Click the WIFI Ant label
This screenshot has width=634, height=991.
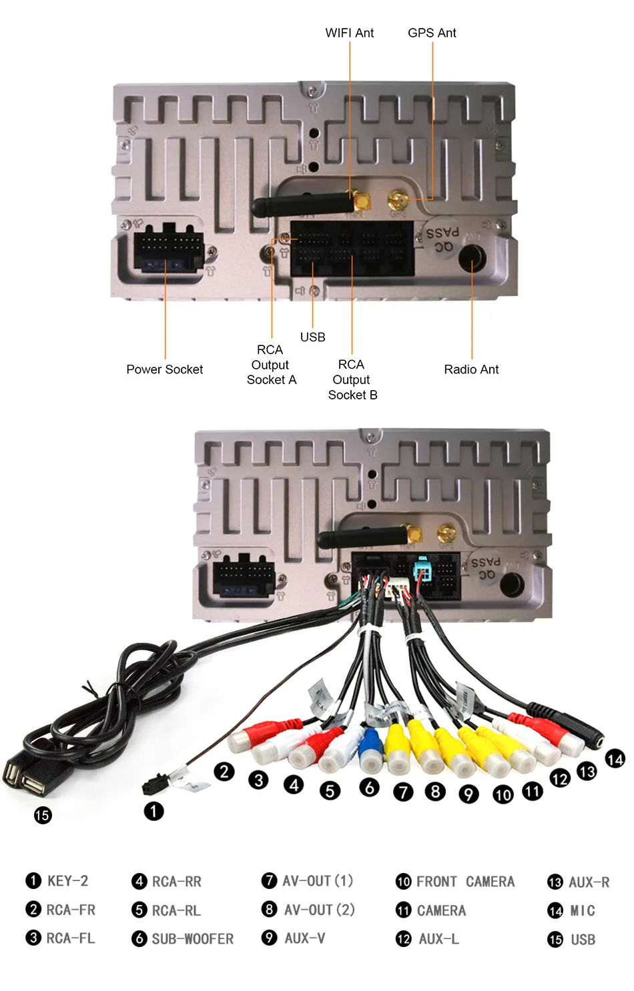point(349,33)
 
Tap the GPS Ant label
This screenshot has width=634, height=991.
point(432,33)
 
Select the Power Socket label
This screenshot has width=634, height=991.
point(165,369)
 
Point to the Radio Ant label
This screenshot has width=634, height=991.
point(471,369)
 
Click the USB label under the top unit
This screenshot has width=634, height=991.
point(312,337)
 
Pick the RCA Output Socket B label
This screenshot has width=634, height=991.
point(352,379)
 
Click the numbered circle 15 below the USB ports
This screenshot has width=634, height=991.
point(43,815)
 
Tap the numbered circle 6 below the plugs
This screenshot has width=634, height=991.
point(369,788)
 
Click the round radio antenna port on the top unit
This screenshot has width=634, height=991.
point(472,258)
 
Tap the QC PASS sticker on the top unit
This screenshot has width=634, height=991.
point(442,239)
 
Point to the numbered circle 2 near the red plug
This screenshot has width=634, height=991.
point(224,772)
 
